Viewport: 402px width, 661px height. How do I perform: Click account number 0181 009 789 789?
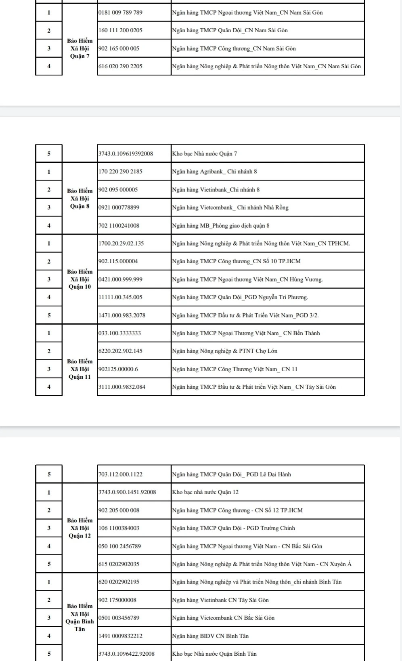coord(120,13)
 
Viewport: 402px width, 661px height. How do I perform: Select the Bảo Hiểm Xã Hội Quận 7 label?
coord(80,48)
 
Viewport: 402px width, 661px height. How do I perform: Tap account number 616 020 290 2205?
coord(120,66)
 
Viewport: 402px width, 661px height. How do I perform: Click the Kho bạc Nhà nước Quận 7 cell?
coord(205,153)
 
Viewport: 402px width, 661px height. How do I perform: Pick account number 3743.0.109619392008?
coord(126,153)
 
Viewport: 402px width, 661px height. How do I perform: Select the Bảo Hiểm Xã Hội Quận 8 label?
coord(80,198)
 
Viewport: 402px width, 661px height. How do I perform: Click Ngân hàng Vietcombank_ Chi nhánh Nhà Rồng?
coord(230,208)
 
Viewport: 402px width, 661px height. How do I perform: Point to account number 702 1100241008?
coord(119,226)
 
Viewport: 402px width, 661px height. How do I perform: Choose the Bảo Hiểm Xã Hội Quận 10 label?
coord(80,279)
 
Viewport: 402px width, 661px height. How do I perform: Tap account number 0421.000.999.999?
coord(120,279)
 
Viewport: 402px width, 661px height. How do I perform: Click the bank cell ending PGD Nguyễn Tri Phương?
coord(240,297)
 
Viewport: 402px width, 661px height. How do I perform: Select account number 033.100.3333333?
coord(120,333)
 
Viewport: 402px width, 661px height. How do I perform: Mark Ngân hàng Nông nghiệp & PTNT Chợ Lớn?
coord(224,351)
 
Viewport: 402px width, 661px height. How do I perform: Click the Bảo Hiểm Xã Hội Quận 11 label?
coord(80,369)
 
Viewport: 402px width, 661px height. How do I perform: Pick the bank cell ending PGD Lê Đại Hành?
coord(231,474)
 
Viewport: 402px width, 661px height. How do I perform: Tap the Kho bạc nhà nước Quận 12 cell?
coord(205,492)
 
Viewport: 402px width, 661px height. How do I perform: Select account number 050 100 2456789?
coord(120,546)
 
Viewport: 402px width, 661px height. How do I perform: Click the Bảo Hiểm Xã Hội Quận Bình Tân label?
coord(80,617)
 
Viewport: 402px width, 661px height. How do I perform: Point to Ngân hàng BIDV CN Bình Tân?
coord(210,636)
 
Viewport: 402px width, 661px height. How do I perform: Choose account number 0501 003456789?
coord(119,618)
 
